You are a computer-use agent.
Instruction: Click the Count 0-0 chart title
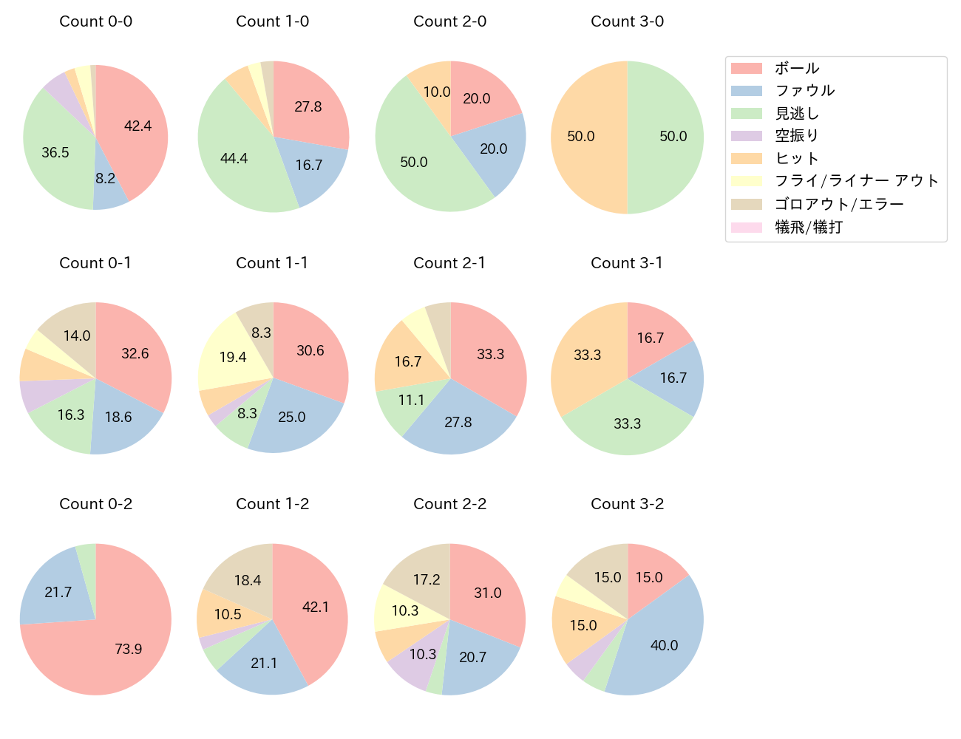tap(96, 21)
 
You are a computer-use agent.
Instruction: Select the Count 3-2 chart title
tap(627, 504)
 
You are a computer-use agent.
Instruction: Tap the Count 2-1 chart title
tap(449, 263)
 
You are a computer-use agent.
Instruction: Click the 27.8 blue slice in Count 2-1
tap(458, 421)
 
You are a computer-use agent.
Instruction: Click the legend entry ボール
tap(796, 68)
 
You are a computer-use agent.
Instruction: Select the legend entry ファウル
tap(804, 91)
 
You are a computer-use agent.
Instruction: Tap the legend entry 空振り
tap(796, 136)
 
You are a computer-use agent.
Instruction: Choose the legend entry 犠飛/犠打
tap(808, 227)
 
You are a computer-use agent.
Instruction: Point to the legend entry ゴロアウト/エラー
tap(838, 204)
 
